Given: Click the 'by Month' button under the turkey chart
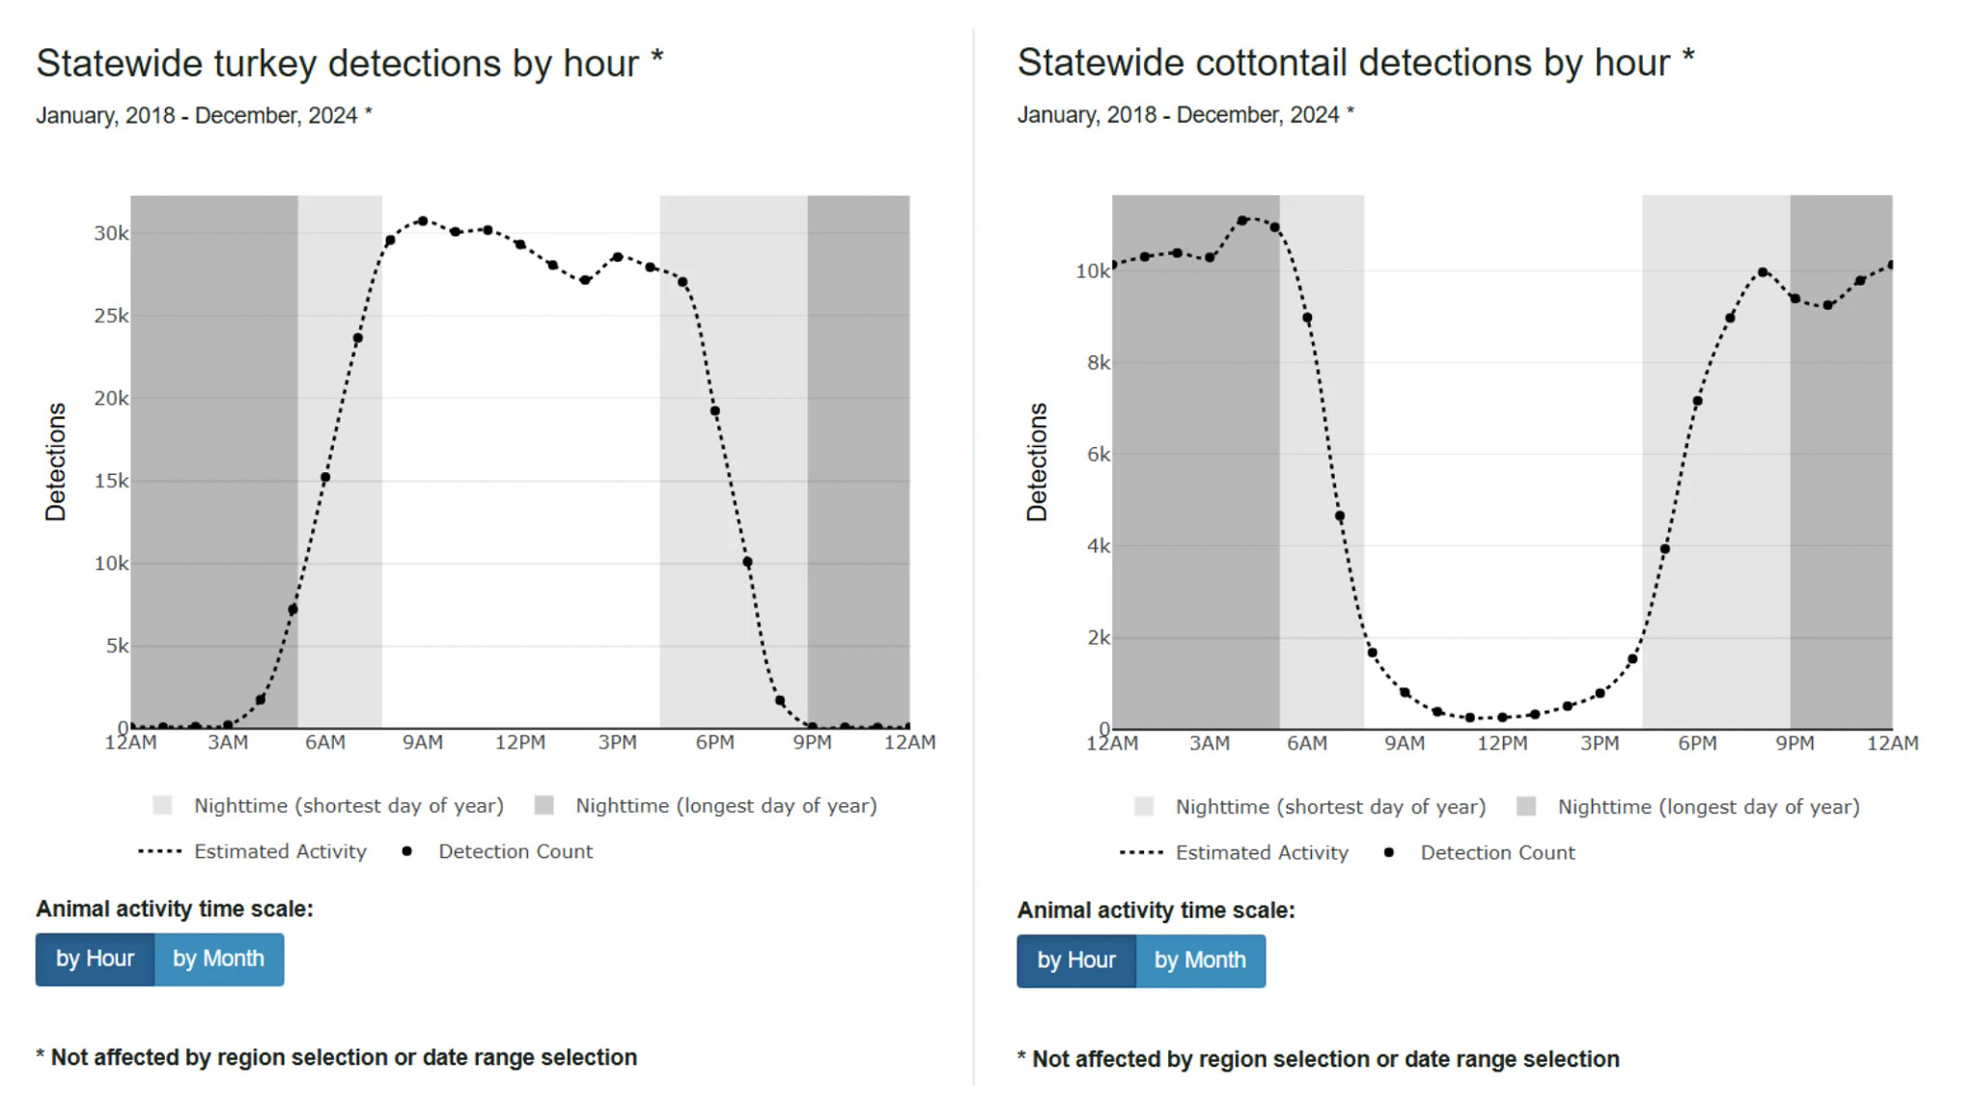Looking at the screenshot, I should click(x=218, y=959).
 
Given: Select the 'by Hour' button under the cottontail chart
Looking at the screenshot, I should click(x=1075, y=960).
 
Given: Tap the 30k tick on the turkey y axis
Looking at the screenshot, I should click(x=110, y=234).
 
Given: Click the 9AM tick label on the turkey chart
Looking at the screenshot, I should click(x=423, y=742).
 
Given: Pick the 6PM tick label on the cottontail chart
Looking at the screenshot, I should click(x=1697, y=743).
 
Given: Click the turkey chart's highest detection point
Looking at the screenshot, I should click(x=423, y=221).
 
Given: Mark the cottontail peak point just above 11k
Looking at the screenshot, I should click(x=1242, y=220).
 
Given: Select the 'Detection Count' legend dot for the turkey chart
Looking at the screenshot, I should click(x=407, y=851).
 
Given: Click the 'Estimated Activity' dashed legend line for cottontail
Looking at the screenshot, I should click(x=1141, y=852).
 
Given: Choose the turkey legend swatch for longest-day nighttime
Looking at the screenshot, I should click(x=544, y=805).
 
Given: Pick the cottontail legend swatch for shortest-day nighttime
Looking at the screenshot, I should click(x=1144, y=807).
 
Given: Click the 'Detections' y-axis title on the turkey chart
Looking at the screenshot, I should click(x=56, y=461).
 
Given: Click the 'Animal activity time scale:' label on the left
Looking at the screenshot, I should click(x=175, y=909).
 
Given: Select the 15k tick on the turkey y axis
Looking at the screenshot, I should click(x=110, y=481).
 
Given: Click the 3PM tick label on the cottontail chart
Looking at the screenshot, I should click(x=1600, y=743).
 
